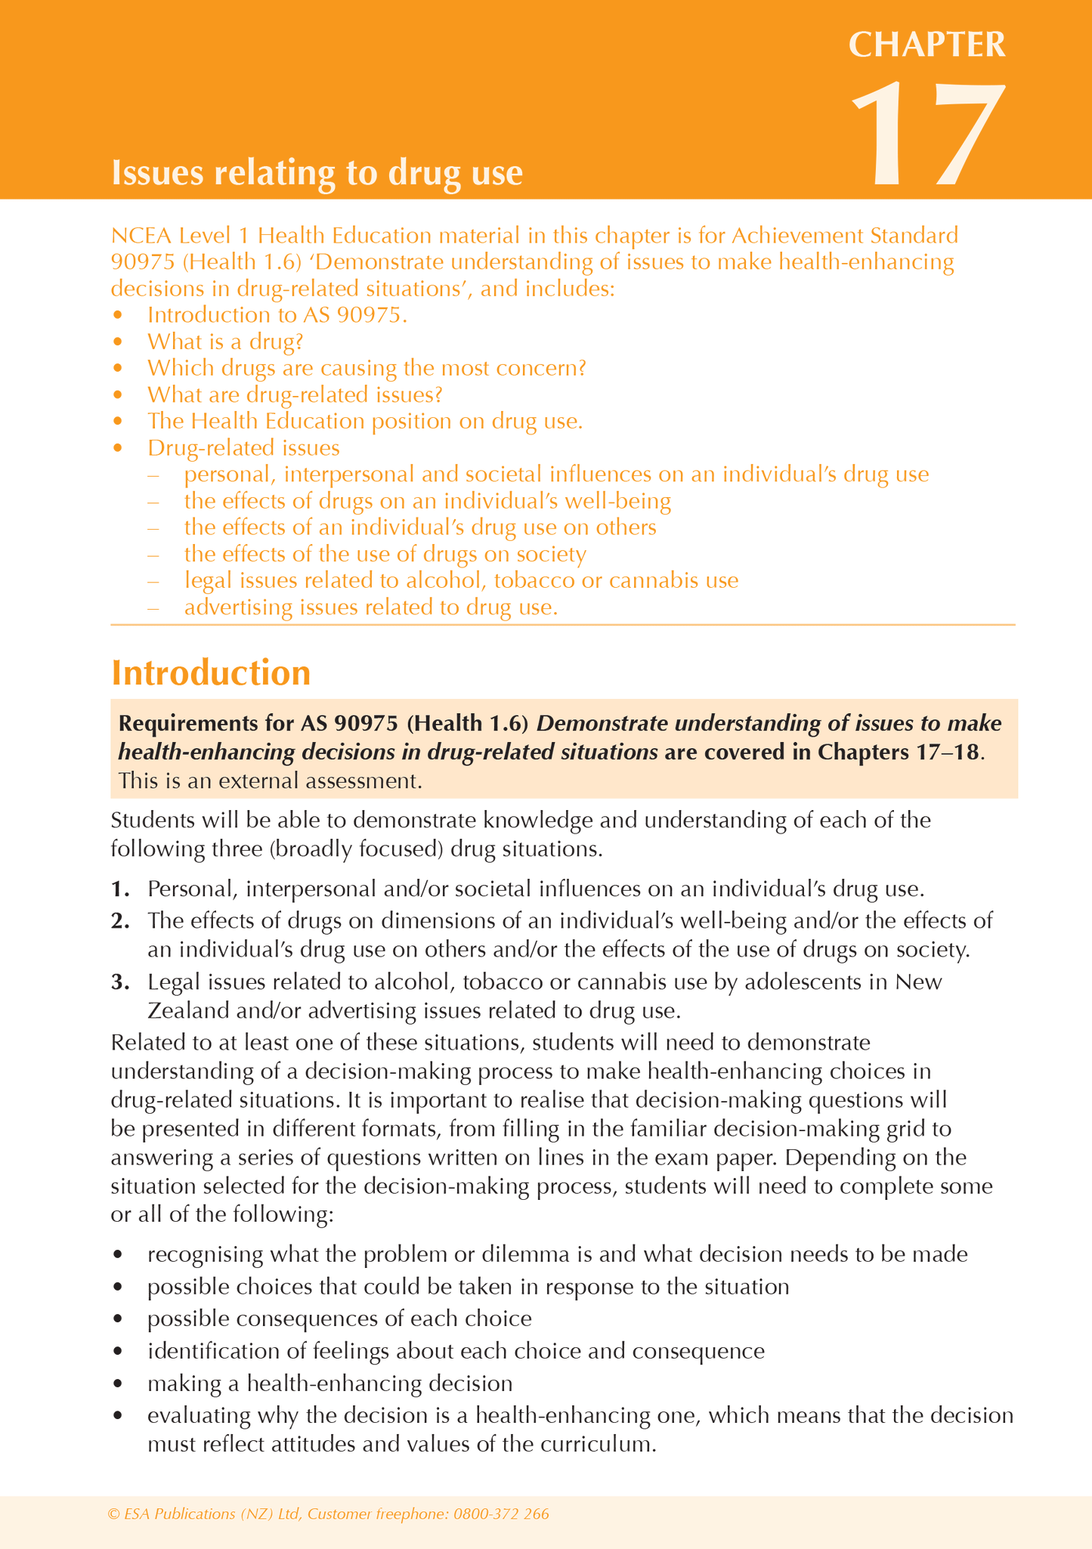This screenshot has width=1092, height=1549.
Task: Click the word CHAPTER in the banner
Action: (x=927, y=45)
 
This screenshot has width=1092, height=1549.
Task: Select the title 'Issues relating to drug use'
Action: (x=317, y=173)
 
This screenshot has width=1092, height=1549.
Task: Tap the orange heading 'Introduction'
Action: (x=211, y=672)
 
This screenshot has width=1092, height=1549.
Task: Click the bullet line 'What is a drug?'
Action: (x=224, y=342)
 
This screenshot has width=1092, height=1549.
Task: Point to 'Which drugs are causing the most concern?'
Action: (x=367, y=368)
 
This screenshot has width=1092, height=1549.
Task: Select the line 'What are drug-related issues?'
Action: (x=295, y=394)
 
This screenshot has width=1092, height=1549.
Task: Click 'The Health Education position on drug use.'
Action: (x=365, y=421)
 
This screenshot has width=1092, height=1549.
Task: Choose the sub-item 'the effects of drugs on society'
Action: (x=385, y=554)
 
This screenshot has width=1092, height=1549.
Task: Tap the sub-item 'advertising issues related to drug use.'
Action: (x=370, y=607)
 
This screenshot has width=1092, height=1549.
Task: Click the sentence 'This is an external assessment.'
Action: (x=270, y=781)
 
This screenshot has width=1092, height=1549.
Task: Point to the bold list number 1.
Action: (x=119, y=889)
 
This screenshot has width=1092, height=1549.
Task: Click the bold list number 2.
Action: (x=119, y=920)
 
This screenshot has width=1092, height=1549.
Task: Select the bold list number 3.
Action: (x=119, y=982)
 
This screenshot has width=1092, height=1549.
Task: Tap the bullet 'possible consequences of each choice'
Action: (x=339, y=1319)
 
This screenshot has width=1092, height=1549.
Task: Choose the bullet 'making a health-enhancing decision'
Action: (x=329, y=1384)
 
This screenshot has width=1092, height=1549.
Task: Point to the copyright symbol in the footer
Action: (x=114, y=1514)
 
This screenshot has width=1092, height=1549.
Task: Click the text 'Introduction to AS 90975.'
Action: (x=277, y=315)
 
